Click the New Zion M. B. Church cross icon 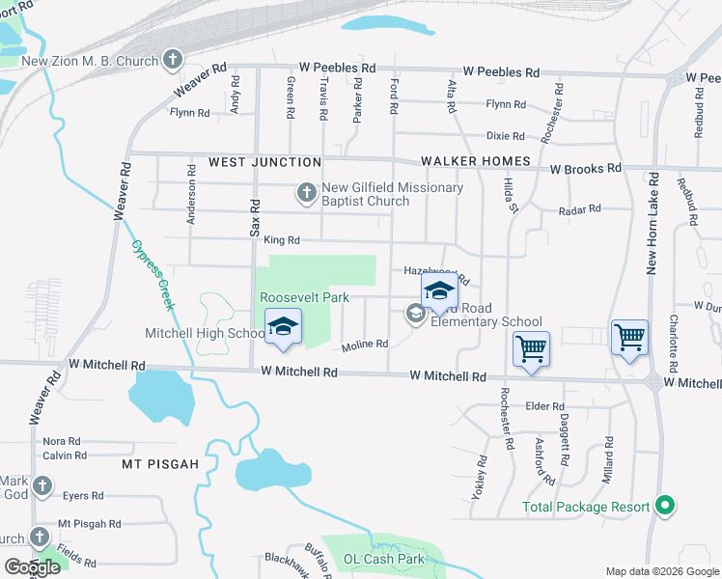coord(173,61)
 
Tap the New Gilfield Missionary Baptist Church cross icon coord(306,195)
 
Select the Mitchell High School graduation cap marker coord(283,327)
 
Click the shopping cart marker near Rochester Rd coord(531,348)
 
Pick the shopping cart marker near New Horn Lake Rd coord(629,338)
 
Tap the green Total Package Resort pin coord(663,506)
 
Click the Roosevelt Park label coord(304,298)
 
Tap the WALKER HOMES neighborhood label coord(475,161)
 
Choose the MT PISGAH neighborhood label coord(160,464)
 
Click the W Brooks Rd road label coord(586,169)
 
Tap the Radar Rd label coord(580,208)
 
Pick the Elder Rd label coord(543,406)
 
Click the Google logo coord(32,567)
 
